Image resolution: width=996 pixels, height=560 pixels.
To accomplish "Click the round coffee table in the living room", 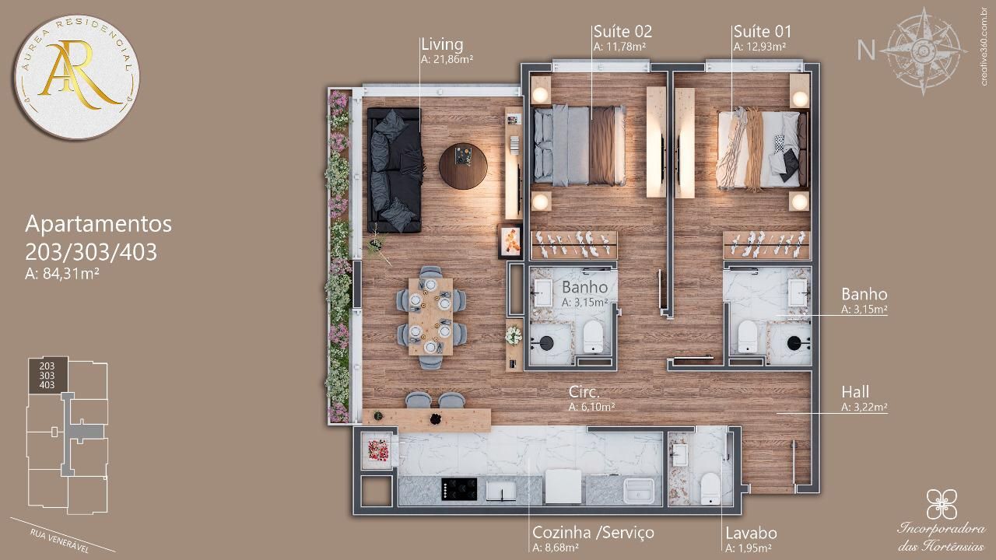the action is pos(463,166).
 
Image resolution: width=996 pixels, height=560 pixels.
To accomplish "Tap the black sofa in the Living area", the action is pos(394,170).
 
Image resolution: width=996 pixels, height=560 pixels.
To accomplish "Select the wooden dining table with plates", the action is pos(430,317).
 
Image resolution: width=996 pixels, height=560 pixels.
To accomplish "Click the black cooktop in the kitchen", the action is pos(459,489).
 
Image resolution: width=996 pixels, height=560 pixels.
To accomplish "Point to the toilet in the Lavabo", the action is pos(710,488).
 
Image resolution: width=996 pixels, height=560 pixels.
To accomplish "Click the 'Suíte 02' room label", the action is pos(622,32).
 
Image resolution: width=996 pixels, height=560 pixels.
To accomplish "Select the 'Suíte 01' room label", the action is pos(762,32).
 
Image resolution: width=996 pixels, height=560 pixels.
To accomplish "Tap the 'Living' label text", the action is pos(442,44).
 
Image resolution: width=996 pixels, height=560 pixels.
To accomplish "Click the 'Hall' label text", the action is pos(855,392).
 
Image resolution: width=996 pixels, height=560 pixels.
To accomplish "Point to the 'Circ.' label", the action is pos(584,392).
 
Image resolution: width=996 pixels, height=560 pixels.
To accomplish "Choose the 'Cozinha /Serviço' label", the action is pos(593,533).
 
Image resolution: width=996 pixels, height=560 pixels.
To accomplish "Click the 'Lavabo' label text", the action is pos(751,533).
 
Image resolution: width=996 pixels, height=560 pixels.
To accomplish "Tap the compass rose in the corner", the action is pos(924,51).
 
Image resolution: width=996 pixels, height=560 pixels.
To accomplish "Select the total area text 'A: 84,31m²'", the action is pos(61,274).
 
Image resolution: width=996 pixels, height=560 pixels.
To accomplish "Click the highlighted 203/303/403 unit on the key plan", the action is pos(48,376).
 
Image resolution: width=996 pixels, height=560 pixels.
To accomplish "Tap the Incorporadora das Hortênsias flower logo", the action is pos(942,504).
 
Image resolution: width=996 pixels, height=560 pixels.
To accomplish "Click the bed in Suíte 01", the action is pos(761,149).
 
